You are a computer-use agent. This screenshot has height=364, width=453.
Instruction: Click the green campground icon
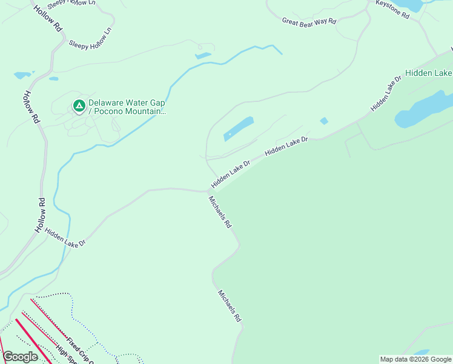pyautogui.click(x=79, y=106)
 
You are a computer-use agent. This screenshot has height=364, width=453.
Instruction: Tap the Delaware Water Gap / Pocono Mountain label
pyautogui.click(x=126, y=107)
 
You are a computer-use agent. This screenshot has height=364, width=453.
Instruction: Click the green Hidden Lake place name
pyautogui.click(x=428, y=73)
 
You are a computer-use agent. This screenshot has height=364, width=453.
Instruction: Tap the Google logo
pyautogui.click(x=20, y=357)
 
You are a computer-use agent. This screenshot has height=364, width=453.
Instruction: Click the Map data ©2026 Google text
pyautogui.click(x=415, y=359)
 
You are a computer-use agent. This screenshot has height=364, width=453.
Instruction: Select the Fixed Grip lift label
pyautogui.click(x=79, y=351)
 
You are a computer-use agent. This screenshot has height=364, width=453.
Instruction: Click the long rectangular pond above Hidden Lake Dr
pyautogui.click(x=239, y=129)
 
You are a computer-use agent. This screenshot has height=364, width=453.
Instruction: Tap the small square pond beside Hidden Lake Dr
pyautogui.click(x=323, y=121)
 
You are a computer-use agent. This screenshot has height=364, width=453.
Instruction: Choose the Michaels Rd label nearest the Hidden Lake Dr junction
pyautogui.click(x=220, y=212)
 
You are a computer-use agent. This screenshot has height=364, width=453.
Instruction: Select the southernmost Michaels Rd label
pyautogui.click(x=230, y=305)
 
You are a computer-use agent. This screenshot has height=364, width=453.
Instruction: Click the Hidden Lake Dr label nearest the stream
pyautogui.click(x=65, y=237)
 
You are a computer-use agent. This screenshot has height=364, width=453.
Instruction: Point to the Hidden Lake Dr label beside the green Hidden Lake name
pyautogui.click(x=386, y=94)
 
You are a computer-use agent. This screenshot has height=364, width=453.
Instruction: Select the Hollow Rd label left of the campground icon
pyautogui.click(x=31, y=107)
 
